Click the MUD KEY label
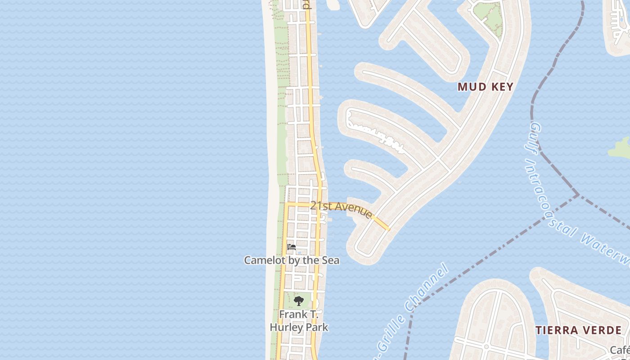pos(485,87)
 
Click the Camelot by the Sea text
pos(292,260)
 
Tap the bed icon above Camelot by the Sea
pos(292,247)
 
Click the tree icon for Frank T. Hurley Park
pos(298,301)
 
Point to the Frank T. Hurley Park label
pos(299,320)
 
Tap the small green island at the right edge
pos(620,148)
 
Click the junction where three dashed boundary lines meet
pos(578,195)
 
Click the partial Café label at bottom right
pos(620,350)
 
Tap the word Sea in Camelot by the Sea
pos(330,260)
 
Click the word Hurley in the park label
pos(286,327)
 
